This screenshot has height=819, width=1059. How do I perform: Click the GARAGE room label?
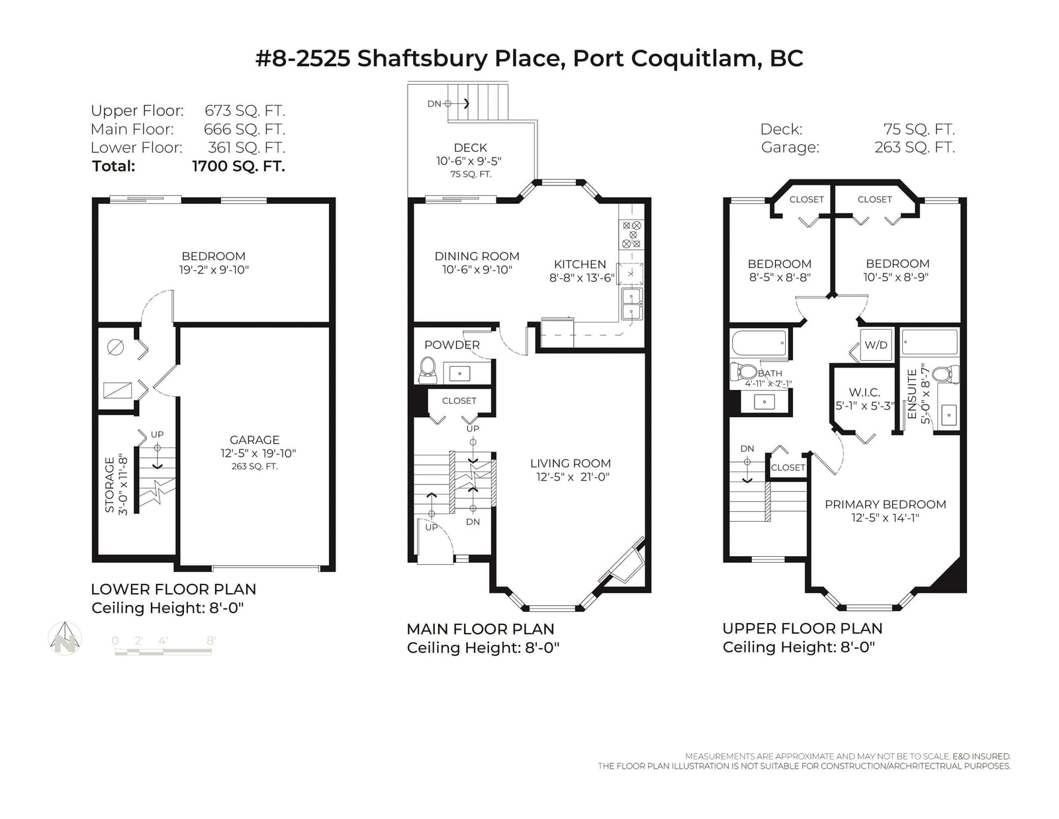tap(254, 440)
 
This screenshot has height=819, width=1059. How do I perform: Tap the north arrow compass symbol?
tap(66, 638)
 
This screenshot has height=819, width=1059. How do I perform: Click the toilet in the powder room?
tap(428, 371)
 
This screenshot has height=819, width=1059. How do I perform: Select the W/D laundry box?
tap(876, 345)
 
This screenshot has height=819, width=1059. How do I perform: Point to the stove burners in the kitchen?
tap(631, 234)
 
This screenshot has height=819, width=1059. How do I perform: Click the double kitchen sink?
tap(631, 304)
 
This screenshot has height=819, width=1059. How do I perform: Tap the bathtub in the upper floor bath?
tap(759, 343)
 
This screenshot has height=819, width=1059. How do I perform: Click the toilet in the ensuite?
tap(946, 375)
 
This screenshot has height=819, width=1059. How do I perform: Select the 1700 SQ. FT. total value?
tap(238, 166)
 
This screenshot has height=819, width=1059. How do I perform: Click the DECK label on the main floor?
tap(471, 148)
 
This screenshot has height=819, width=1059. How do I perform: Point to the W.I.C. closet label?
tap(864, 393)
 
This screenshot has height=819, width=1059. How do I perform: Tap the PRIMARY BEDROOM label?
tap(885, 505)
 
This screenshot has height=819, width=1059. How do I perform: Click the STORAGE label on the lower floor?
tap(110, 485)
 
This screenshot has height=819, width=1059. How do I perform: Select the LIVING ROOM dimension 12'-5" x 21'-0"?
tap(573, 477)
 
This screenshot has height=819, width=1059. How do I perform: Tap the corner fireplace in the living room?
tap(625, 562)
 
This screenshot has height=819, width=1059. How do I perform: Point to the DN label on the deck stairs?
tap(434, 104)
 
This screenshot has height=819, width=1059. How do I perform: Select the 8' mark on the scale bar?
tap(211, 641)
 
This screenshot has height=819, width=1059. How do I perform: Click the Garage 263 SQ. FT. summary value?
tap(915, 147)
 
